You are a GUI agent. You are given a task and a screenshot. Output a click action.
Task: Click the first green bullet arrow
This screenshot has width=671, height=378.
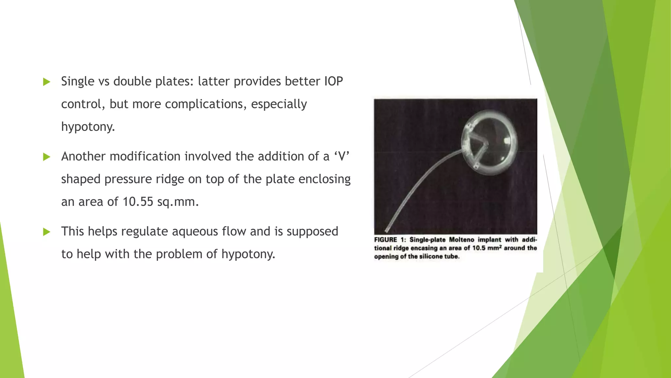pos(47,82)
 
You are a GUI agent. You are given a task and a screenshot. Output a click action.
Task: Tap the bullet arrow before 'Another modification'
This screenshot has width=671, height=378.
pos(47,157)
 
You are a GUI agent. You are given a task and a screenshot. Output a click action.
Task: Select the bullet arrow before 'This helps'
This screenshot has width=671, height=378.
pos(47,232)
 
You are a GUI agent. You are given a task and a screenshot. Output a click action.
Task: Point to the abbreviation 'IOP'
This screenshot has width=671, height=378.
pos(333,81)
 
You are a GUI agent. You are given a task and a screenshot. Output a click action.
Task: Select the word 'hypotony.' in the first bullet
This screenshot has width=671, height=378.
pos(88,127)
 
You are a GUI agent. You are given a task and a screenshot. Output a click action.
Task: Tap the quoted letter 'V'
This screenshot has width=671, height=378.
pos(342,156)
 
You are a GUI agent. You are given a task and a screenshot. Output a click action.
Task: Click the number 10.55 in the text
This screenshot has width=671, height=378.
pos(138,202)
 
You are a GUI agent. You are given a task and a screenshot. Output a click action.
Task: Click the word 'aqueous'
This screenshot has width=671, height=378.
pos(195,231)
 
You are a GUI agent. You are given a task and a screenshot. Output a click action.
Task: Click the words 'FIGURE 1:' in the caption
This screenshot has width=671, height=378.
pos(390,240)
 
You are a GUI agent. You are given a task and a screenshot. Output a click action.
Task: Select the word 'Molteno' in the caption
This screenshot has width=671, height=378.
pos(461,240)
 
